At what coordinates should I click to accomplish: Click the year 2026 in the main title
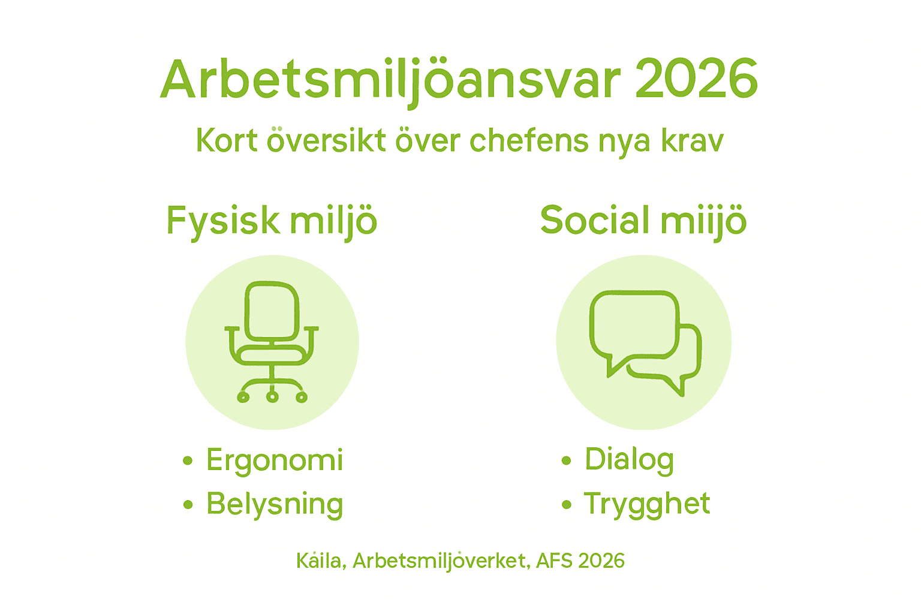pyautogui.click(x=696, y=80)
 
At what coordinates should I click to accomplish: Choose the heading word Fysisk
pyautogui.click(x=223, y=221)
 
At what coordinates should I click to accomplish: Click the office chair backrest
pyautogui.click(x=272, y=310)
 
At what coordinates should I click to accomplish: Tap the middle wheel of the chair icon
pyautogui.click(x=272, y=396)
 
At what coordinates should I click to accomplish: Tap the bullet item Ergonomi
pyautogui.click(x=275, y=460)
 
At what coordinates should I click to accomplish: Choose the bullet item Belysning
pyautogui.click(x=275, y=504)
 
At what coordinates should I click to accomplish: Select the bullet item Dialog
pyautogui.click(x=629, y=460)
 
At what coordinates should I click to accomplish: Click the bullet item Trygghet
pyautogui.click(x=647, y=504)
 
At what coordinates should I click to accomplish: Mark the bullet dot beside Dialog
pyautogui.click(x=566, y=460)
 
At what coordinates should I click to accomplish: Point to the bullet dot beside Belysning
pyautogui.click(x=188, y=504)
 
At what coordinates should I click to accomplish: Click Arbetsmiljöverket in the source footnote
pyautogui.click(x=440, y=561)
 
